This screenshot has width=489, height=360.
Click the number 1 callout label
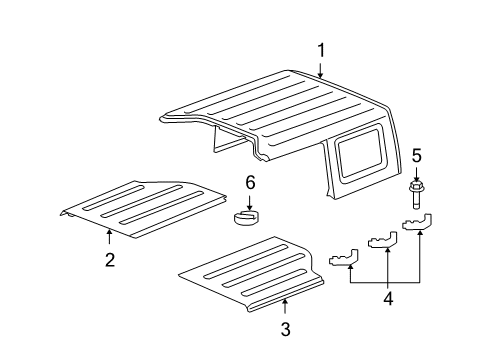(x=321, y=50)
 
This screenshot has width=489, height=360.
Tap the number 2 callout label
(x=110, y=260)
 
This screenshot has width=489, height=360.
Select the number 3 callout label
(x=285, y=329)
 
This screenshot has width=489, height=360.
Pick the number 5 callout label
(x=417, y=155)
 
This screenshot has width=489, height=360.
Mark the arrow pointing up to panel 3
(x=285, y=306)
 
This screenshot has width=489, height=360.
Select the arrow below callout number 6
(x=251, y=200)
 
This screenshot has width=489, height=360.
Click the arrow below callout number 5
(x=417, y=172)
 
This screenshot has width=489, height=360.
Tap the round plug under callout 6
(x=247, y=217)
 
